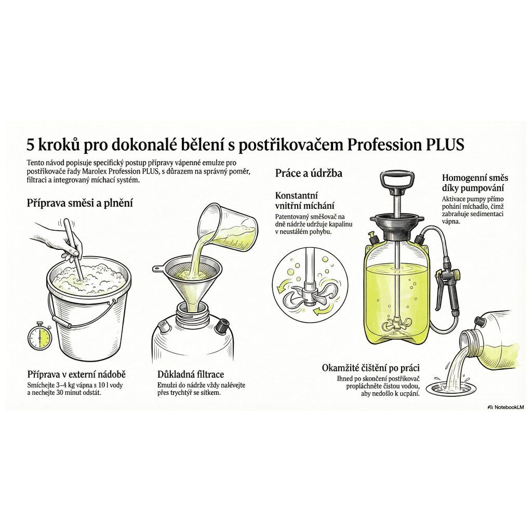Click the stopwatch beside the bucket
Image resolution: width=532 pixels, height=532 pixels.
click(39, 338)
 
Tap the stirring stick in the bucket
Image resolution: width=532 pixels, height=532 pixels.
click(74, 248)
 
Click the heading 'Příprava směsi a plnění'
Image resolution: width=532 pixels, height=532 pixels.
click(79, 203)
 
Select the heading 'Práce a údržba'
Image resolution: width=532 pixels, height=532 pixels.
click(309, 174)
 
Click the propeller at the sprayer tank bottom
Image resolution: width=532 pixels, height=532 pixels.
click(395, 324)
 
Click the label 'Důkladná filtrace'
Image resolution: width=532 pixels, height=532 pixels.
click(191, 374)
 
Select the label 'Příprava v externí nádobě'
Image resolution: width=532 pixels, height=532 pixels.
click(76, 374)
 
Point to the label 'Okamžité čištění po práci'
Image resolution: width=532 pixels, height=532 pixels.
click(370, 368)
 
